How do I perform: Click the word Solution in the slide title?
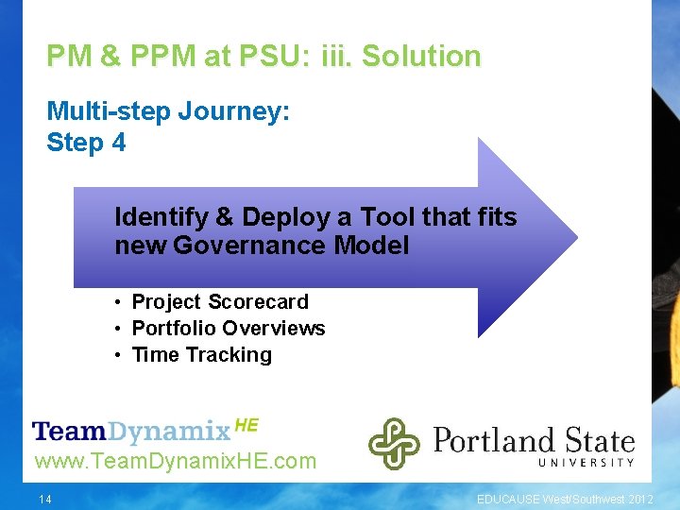pos(421,57)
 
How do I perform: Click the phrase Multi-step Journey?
pos(168,112)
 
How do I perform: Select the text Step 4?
pos(86,143)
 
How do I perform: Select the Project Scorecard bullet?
pos(219,302)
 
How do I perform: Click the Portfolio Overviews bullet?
pos(228,329)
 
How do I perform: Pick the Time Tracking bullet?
pos(201,355)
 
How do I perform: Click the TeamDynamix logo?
pos(131,432)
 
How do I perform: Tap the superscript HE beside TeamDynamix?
pos(246,425)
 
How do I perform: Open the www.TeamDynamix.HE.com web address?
pos(175,462)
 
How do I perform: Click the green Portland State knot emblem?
pos(394,443)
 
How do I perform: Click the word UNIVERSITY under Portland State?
pos(586,462)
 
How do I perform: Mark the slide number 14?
pos(46,499)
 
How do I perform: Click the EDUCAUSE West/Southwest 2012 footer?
pos(564,499)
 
